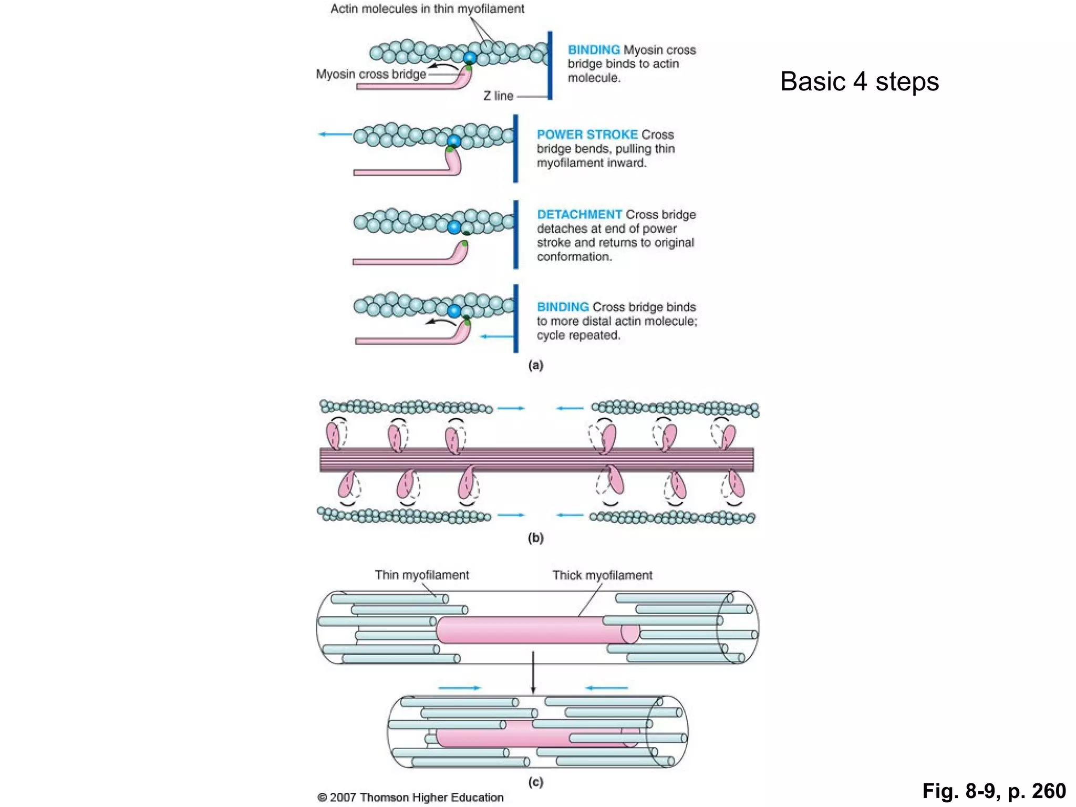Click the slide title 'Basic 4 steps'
(x=859, y=81)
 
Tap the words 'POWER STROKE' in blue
(x=586, y=134)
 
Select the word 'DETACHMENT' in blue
(x=579, y=214)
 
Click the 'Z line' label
(x=498, y=96)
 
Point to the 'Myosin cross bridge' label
(x=371, y=74)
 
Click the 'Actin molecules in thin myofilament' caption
(x=427, y=9)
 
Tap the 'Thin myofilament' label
(x=421, y=575)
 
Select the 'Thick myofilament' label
(x=602, y=575)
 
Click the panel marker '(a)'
(x=535, y=365)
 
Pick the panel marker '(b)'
(x=535, y=537)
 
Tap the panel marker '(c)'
(x=535, y=782)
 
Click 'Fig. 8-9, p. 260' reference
(x=994, y=791)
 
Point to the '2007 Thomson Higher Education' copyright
(x=411, y=798)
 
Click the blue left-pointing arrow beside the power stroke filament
(x=335, y=134)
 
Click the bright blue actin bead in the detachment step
(x=454, y=227)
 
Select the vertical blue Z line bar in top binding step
(x=550, y=65)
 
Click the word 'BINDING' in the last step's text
(x=562, y=307)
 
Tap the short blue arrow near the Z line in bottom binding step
(x=496, y=336)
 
